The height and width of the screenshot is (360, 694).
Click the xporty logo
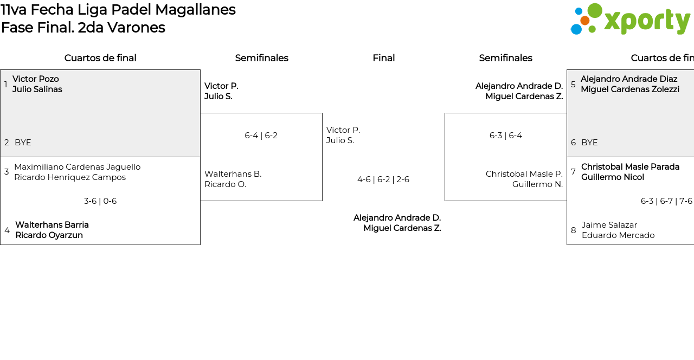(630, 20)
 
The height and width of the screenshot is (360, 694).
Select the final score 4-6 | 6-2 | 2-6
(383, 179)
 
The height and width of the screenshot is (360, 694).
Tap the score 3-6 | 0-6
(100, 201)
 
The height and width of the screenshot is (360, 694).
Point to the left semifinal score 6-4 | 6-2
(261, 136)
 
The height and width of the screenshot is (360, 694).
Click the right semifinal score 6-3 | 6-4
(506, 136)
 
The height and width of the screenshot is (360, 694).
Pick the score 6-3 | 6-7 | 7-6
(666, 201)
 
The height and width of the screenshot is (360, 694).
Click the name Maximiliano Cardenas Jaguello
(77, 167)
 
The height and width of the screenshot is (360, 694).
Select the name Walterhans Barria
(52, 225)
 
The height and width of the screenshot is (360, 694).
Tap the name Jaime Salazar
(609, 225)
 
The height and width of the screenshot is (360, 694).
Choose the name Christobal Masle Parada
(630, 167)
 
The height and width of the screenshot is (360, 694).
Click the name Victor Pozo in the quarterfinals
(36, 79)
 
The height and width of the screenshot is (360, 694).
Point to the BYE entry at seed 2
(23, 143)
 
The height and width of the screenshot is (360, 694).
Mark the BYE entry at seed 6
(589, 143)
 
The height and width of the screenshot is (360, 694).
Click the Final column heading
(383, 58)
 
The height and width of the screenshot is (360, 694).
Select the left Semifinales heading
(261, 58)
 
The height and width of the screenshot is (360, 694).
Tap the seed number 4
(7, 230)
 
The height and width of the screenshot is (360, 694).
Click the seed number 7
(573, 172)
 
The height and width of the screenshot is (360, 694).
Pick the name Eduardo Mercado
(618, 235)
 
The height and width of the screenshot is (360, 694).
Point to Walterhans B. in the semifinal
(233, 174)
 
